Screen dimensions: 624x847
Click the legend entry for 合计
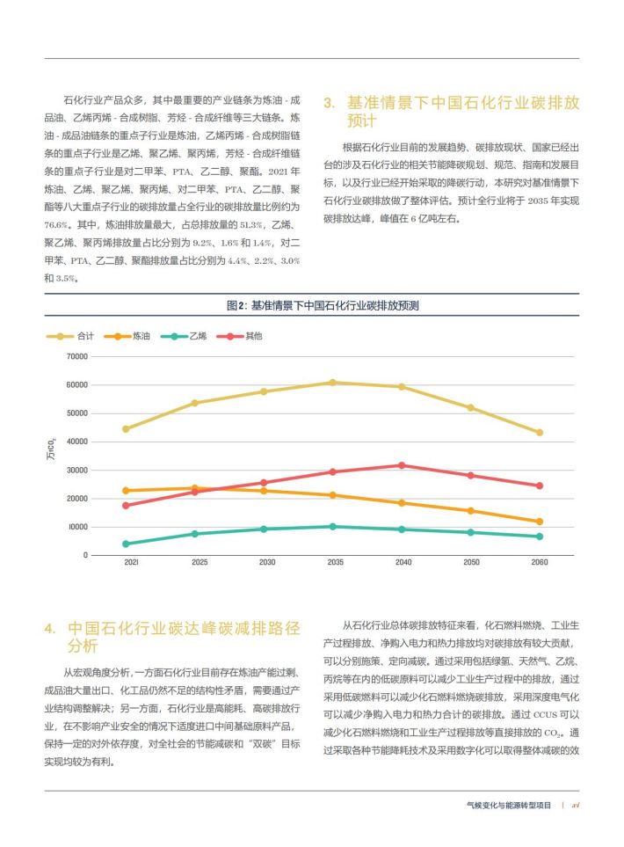coord(70,336)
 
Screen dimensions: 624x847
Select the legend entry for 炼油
coord(127,336)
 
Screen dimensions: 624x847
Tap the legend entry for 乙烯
coord(184,336)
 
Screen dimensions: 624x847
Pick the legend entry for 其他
coord(239,336)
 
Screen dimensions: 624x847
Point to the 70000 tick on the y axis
coord(77,356)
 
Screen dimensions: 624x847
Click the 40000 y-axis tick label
coord(77,442)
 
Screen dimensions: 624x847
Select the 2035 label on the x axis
coord(335,562)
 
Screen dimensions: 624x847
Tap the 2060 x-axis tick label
coord(540,562)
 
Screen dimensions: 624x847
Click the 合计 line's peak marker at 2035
coord(332,383)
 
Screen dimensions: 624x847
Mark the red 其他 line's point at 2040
coord(402,465)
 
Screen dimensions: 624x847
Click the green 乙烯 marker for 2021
coord(126,544)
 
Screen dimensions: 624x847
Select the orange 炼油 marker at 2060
coord(540,522)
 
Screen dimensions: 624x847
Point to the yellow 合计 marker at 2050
coord(471,408)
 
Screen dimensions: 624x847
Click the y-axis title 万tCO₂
coord(51,449)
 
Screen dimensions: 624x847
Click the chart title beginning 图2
coord(323,306)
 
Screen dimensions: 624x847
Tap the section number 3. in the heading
coord(330,103)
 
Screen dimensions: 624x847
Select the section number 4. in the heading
coord(50,629)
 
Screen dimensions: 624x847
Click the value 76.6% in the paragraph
coord(56,224)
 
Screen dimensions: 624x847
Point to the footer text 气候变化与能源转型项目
coord(509,805)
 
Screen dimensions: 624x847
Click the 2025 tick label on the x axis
coord(200,562)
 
